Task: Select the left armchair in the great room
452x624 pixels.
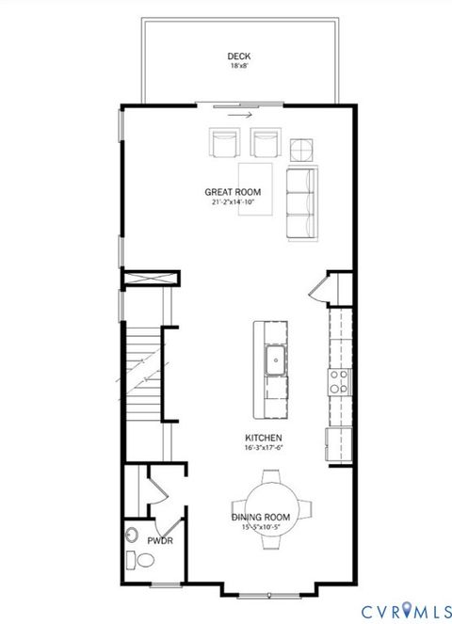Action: (225, 144)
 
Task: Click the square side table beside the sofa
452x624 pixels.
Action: (301, 149)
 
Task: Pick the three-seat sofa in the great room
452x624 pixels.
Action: (301, 201)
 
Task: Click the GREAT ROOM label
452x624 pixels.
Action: (233, 191)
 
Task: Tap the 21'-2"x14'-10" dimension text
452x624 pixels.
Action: (233, 201)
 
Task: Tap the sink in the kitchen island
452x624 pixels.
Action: (277, 359)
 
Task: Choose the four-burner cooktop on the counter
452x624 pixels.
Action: (339, 381)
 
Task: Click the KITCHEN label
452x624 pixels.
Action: (264, 439)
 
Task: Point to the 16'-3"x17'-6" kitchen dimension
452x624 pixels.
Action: (264, 449)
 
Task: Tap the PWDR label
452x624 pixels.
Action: (158, 540)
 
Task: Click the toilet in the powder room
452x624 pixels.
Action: (143, 561)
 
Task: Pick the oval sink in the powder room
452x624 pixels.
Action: (131, 537)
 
